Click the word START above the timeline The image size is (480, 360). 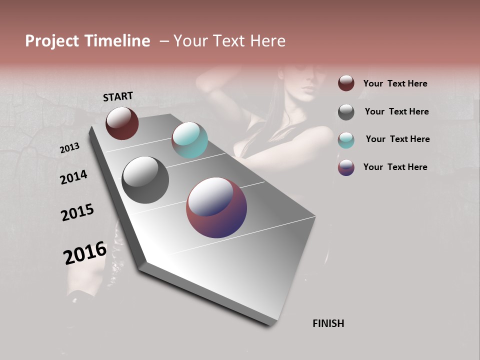[x=118, y=96]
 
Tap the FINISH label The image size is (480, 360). [x=328, y=323]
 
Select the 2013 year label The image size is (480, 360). [x=69, y=148]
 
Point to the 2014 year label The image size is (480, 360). [x=73, y=177]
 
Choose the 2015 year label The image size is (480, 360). [x=77, y=212]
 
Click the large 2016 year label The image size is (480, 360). [x=85, y=253]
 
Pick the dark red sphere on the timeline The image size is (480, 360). [x=122, y=123]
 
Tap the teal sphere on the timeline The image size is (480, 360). [x=189, y=140]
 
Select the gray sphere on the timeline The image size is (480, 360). [x=145, y=180]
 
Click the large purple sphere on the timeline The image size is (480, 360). [x=216, y=207]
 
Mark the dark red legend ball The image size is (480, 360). [x=346, y=83]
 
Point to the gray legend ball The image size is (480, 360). [x=346, y=112]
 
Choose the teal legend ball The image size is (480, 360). [x=346, y=139]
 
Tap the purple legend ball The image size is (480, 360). [x=346, y=167]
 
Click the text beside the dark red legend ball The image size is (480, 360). [x=395, y=83]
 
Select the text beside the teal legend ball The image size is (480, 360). [x=397, y=139]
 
